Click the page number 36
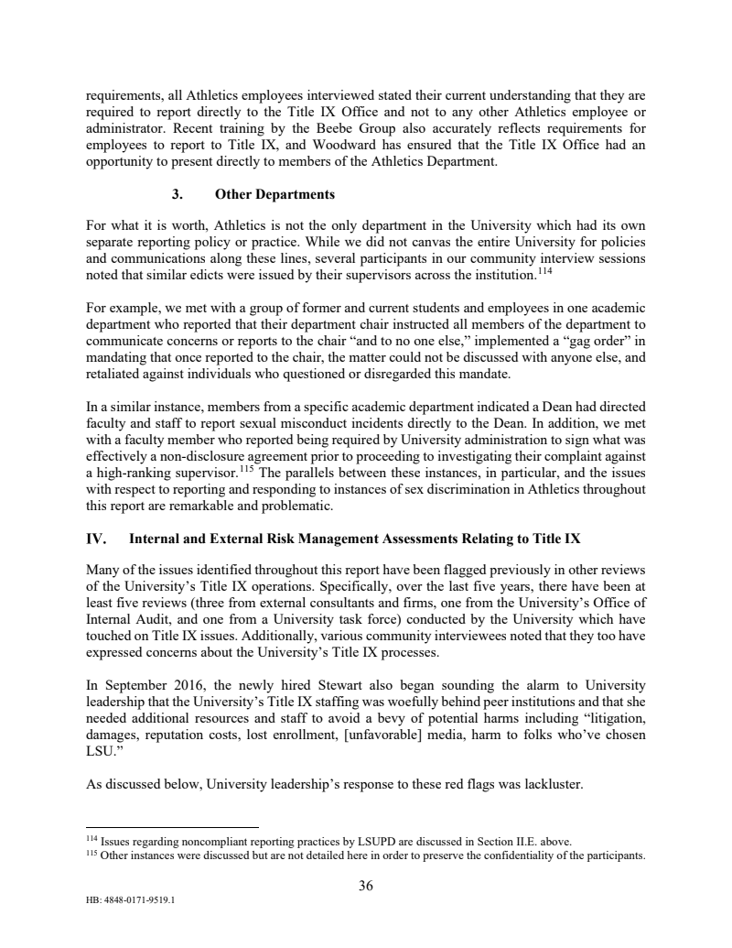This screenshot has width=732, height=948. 365,886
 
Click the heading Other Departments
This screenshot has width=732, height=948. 274,195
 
